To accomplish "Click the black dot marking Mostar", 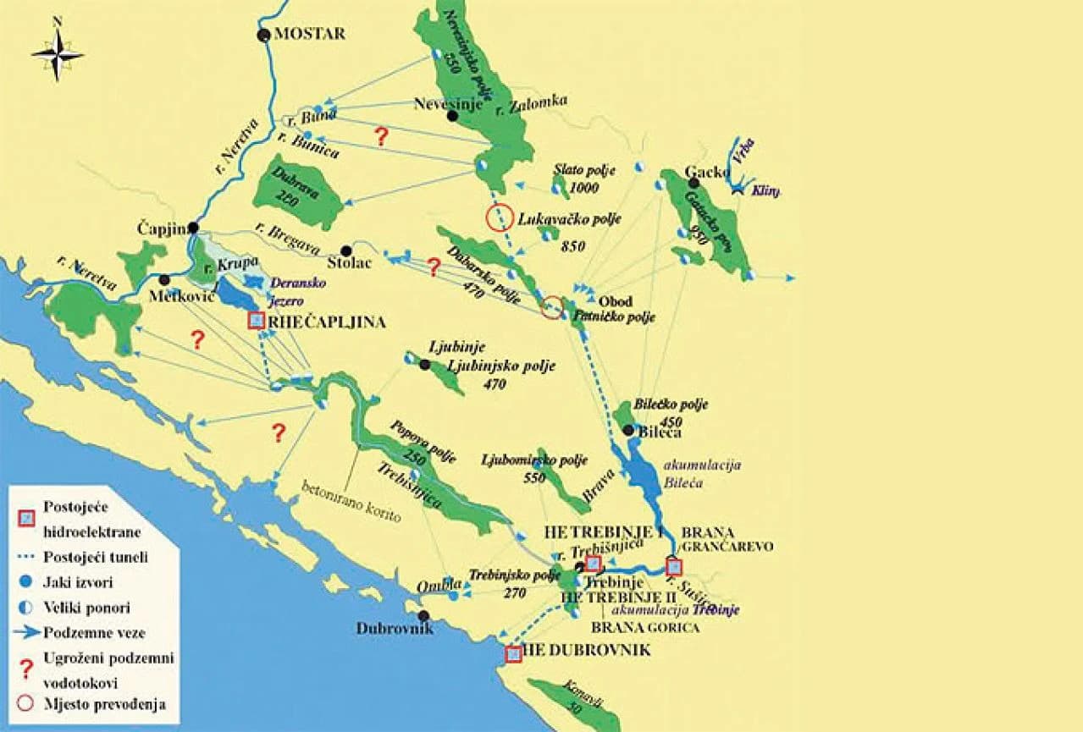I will [x=263, y=35].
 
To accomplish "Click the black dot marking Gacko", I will [x=693, y=182].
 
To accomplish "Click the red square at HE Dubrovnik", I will [x=512, y=653].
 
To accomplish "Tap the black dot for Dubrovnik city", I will [x=423, y=615].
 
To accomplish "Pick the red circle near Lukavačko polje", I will [x=500, y=217].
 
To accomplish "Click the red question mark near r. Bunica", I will [x=381, y=136].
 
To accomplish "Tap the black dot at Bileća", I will [x=628, y=430].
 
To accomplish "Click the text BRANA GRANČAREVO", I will [x=727, y=540].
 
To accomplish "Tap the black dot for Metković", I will [x=164, y=279].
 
